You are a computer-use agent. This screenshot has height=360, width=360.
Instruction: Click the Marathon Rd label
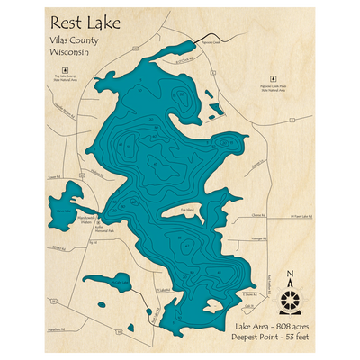(x=55, y=332)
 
